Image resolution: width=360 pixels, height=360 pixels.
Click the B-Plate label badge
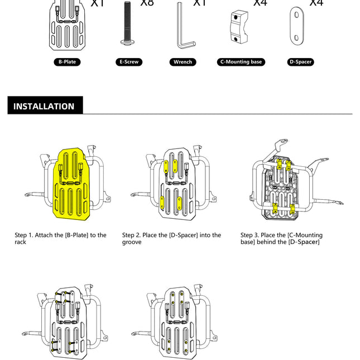[66, 62]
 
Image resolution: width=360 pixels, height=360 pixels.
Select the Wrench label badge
[183, 62]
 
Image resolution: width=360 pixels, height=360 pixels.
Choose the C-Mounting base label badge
[241, 62]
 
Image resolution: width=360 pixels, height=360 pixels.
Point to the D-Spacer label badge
[300, 62]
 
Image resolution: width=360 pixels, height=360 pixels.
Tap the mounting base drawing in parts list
[241, 27]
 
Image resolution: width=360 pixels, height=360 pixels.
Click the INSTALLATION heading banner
[45, 106]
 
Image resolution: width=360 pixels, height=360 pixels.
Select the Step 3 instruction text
[281, 238]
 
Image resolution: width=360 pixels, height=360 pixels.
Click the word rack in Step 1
[20, 242]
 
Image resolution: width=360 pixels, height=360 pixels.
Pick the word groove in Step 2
[132, 242]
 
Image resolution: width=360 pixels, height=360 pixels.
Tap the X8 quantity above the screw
[147, 3]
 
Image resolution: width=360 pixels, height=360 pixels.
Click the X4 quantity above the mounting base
[260, 3]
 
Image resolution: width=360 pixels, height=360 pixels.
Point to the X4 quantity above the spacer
[316, 3]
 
